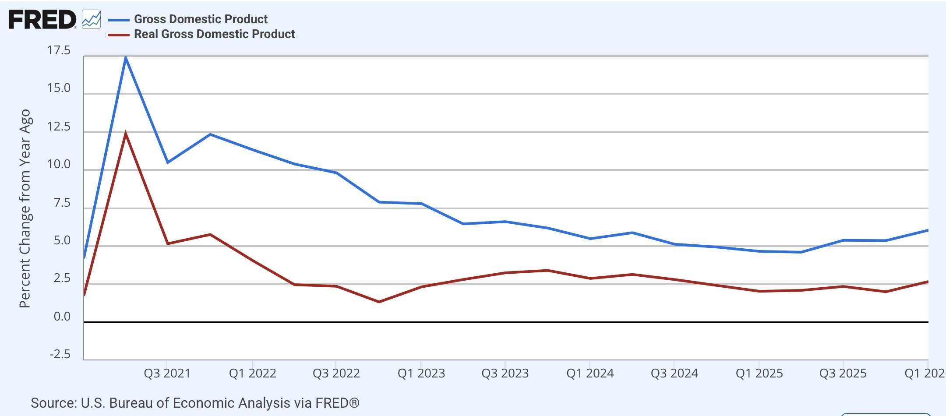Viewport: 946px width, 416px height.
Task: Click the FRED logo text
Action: click(x=42, y=20)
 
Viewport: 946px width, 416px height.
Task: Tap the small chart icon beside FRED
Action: click(x=92, y=20)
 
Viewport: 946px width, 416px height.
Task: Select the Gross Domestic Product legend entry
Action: click(x=201, y=19)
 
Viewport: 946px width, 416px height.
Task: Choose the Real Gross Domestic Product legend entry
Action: click(x=214, y=34)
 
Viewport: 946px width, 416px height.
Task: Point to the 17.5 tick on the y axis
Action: click(x=59, y=50)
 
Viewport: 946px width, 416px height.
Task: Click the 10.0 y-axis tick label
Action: click(x=59, y=164)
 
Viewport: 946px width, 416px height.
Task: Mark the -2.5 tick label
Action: click(x=60, y=354)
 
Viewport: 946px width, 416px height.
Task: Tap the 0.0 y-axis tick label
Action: click(x=62, y=316)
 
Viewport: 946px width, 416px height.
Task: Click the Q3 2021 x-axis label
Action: click(x=167, y=373)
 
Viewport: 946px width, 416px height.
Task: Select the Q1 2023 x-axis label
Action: click(x=421, y=373)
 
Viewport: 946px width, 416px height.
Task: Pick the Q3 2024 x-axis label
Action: click(x=674, y=373)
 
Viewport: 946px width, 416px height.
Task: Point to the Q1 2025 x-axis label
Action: click(x=759, y=373)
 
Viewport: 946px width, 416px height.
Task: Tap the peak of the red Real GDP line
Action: click(x=126, y=133)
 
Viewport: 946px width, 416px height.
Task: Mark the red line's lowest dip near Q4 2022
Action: click(x=379, y=302)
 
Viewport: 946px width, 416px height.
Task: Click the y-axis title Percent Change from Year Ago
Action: click(x=25, y=208)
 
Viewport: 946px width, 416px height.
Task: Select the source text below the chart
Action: click(x=195, y=403)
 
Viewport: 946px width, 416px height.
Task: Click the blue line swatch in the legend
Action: click(x=119, y=20)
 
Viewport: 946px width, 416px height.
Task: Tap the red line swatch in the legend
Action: click(x=119, y=35)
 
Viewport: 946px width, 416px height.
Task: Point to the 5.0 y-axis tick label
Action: click(x=62, y=240)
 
